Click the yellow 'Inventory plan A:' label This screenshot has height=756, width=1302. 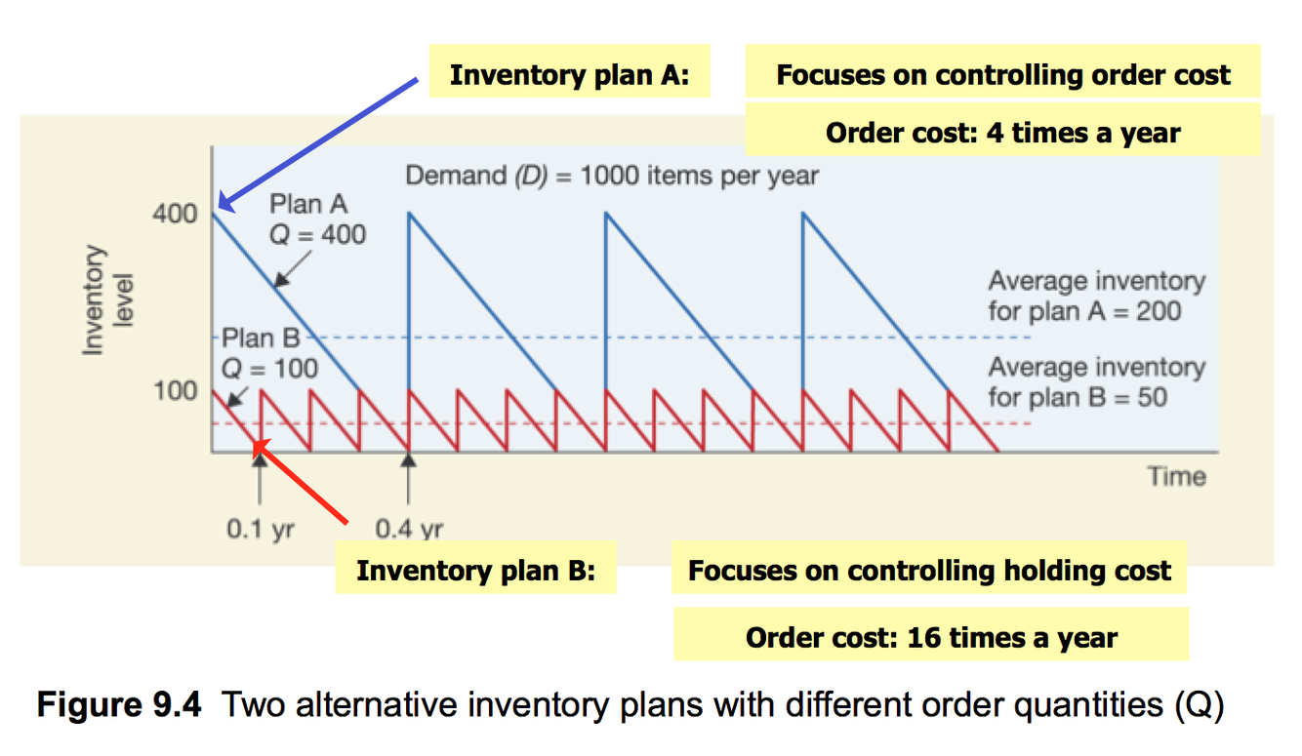point(569,76)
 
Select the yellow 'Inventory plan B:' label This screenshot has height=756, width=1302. point(475,570)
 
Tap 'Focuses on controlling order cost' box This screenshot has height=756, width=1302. point(1002,75)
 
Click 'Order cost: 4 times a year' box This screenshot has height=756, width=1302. point(1002,132)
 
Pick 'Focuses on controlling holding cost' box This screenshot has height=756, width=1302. point(929,571)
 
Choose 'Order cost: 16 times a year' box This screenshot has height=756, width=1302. point(931,637)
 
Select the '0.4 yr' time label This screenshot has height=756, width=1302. point(409,530)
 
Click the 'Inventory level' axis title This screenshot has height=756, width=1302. point(106,299)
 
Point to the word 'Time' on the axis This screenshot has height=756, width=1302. point(1176,476)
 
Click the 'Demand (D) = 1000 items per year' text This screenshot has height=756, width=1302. point(611,177)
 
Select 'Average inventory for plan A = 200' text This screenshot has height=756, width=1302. point(1095,297)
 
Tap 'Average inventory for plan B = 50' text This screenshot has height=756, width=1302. point(1095,382)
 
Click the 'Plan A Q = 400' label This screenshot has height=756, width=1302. point(316,219)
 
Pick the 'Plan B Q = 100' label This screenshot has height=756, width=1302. point(268,354)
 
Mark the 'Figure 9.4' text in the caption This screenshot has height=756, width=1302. point(119,703)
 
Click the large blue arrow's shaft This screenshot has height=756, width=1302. point(322,142)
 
